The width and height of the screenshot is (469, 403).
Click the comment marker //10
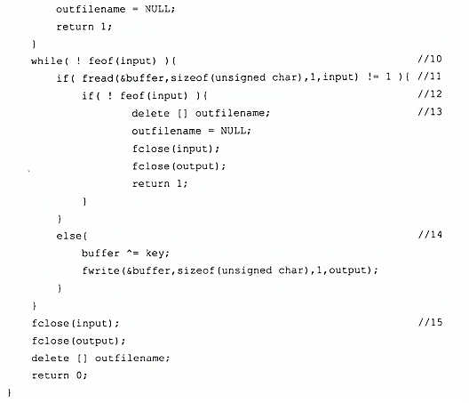pyautogui.click(x=430, y=59)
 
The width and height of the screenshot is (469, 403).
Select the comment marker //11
pyautogui.click(x=430, y=77)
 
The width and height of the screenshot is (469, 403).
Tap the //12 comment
pyautogui.click(x=430, y=94)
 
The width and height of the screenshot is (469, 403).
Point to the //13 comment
pyautogui.click(x=430, y=112)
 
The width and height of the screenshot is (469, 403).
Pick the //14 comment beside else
pyautogui.click(x=430, y=235)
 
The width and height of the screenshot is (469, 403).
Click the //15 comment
pyautogui.click(x=430, y=322)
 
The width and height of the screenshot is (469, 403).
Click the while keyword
pyautogui.click(x=47, y=61)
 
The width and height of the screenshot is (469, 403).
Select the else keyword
pyautogui.click(x=68, y=236)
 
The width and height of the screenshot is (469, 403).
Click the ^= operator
pyautogui.click(x=132, y=254)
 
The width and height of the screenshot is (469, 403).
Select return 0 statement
pyautogui.click(x=60, y=375)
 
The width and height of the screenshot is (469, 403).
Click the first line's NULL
pyautogui.click(x=158, y=9)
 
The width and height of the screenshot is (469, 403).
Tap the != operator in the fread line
pyautogui.click(x=373, y=77)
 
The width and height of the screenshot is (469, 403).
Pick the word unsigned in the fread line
pyautogui.click(x=240, y=78)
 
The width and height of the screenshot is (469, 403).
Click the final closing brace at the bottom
pyautogui.click(x=9, y=393)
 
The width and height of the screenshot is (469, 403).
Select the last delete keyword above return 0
pyautogui.click(x=51, y=358)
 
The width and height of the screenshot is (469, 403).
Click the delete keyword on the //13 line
pyautogui.click(x=150, y=113)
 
